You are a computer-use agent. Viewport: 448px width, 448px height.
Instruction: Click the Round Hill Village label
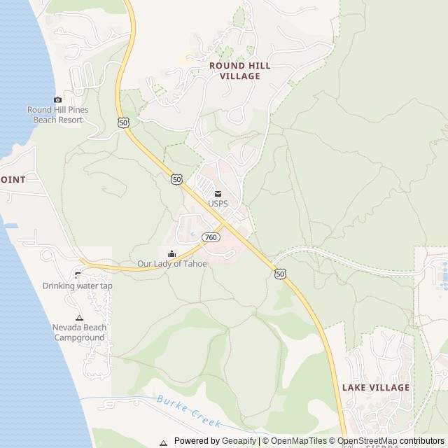239,71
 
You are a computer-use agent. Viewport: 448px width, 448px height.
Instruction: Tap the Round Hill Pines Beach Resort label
57,115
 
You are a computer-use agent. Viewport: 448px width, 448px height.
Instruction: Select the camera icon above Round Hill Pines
57,99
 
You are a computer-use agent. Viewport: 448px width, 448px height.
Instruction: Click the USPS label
218,204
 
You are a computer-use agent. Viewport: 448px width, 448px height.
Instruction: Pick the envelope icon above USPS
218,194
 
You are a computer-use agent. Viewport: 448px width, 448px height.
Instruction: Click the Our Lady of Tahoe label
172,264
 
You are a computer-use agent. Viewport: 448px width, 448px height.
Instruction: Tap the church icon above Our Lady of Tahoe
172,253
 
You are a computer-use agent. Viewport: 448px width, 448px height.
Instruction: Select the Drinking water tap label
78,286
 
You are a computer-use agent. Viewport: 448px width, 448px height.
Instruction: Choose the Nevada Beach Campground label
79,332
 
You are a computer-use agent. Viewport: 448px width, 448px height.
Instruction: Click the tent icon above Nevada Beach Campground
79,318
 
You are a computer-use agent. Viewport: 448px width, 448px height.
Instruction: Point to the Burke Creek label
189,412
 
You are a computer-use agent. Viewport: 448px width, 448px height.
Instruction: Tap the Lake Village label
376,387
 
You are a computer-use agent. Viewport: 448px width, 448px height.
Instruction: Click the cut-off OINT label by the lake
13,180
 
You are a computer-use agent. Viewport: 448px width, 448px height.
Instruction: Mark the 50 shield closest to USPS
176,179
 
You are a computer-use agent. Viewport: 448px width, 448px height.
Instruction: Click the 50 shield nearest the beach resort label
123,122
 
